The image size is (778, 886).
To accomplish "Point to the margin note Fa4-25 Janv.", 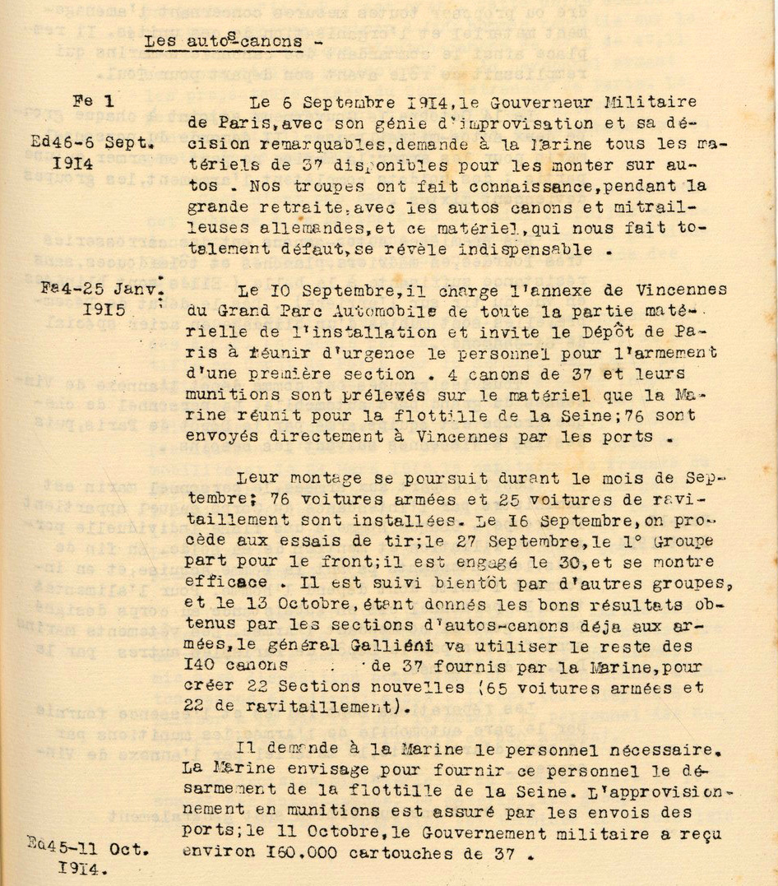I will click(x=101, y=290).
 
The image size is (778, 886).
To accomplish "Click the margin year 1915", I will click(x=105, y=312).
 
